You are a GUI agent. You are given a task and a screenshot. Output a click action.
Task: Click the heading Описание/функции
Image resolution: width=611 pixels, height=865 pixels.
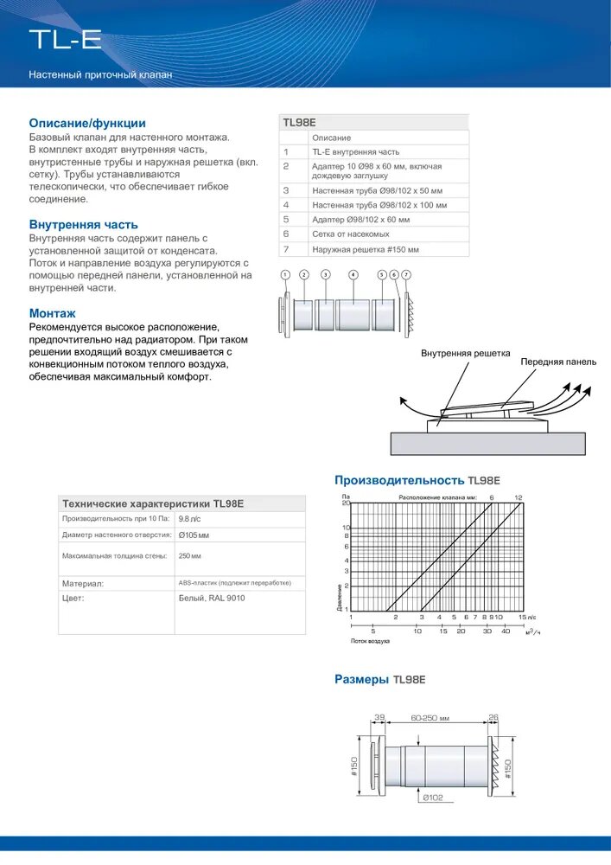click(87, 123)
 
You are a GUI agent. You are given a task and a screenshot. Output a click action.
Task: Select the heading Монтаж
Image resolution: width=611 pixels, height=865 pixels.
click(53, 313)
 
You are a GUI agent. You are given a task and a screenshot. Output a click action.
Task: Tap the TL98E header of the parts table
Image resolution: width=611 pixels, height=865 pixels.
click(300, 123)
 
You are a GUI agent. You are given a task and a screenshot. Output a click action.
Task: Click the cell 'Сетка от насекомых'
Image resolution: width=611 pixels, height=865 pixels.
click(345, 234)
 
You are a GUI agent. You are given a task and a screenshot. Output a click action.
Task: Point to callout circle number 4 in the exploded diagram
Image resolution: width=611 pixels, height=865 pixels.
click(353, 274)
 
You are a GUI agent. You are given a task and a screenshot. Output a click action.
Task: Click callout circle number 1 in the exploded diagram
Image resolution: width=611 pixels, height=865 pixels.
click(285, 274)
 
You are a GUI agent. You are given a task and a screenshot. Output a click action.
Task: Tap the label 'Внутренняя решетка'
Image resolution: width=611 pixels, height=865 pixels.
click(466, 353)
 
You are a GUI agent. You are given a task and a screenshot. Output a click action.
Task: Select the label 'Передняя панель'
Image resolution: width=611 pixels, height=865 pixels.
click(557, 362)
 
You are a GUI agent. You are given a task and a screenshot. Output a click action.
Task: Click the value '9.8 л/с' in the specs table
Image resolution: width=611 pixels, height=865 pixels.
click(189, 519)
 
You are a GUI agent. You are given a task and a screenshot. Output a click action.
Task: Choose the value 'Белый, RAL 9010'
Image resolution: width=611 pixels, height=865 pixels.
click(212, 598)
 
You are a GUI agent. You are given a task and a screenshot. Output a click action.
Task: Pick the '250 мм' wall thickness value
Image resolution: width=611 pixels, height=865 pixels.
click(190, 556)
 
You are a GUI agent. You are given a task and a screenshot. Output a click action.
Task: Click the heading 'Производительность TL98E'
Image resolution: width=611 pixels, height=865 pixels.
click(417, 480)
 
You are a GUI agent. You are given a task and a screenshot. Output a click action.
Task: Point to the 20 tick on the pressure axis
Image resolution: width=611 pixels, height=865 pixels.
click(346, 503)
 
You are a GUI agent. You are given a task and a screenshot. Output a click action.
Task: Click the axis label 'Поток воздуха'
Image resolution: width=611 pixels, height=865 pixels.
click(370, 641)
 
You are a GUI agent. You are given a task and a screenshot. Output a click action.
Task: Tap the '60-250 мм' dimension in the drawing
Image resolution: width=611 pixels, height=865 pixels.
click(430, 718)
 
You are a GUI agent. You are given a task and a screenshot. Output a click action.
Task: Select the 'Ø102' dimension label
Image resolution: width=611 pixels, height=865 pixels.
click(432, 797)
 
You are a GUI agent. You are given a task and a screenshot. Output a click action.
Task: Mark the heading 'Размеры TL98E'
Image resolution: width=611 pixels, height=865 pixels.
click(380, 680)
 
